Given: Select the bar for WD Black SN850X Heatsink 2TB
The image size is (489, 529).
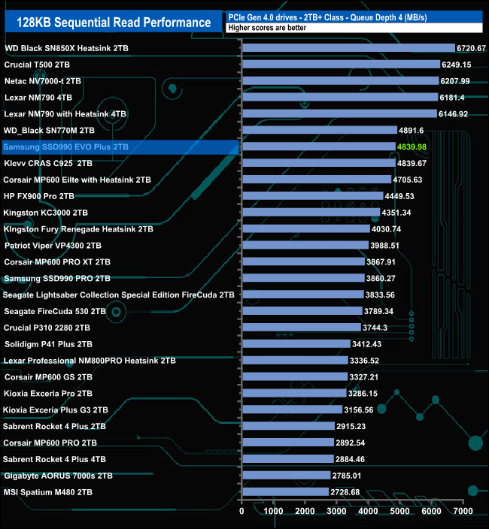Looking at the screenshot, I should [348, 48].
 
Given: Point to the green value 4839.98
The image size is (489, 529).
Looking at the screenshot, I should [412, 147].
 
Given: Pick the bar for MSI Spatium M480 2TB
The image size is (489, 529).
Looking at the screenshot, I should [285, 491].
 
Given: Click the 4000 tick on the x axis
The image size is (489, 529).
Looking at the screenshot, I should [369, 511].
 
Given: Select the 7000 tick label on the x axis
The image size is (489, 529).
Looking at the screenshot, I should [463, 511].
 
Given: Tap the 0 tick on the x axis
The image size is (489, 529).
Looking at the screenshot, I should [241, 511].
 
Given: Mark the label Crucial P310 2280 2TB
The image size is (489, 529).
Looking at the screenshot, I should [47, 328].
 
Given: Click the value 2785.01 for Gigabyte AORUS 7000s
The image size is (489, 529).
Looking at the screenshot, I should [347, 475].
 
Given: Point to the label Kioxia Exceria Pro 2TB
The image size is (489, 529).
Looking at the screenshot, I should [48, 393].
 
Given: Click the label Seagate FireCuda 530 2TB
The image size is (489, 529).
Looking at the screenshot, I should [54, 311].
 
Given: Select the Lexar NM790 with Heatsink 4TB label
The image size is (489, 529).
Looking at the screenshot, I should [65, 113].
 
